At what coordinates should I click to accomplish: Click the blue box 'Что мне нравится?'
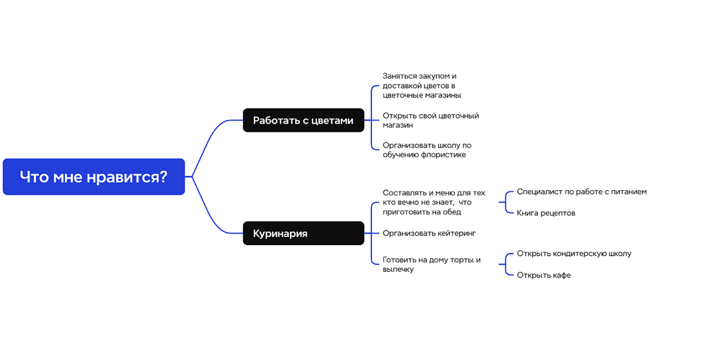pyautogui.click(x=93, y=176)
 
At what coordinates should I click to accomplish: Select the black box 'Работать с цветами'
pyautogui.click(x=303, y=121)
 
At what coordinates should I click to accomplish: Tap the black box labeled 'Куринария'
pyautogui.click(x=303, y=233)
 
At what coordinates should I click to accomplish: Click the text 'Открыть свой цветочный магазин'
pyautogui.click(x=430, y=121)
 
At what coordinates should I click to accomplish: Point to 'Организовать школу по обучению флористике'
pyautogui.click(x=427, y=150)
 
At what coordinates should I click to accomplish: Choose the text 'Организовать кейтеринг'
pyautogui.click(x=429, y=233)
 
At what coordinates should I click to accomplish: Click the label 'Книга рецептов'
pyautogui.click(x=545, y=213)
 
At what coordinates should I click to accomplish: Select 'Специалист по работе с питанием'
pyautogui.click(x=581, y=192)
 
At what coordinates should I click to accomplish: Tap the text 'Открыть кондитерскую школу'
pyautogui.click(x=574, y=253)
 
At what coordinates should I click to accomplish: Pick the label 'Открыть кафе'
pyautogui.click(x=543, y=275)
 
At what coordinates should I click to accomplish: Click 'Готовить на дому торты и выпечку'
pyautogui.click(x=432, y=265)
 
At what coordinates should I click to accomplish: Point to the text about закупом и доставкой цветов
pyautogui.click(x=422, y=86)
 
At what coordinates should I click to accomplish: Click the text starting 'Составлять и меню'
pyautogui.click(x=434, y=202)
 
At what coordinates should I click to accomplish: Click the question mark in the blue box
pyautogui.click(x=163, y=176)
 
